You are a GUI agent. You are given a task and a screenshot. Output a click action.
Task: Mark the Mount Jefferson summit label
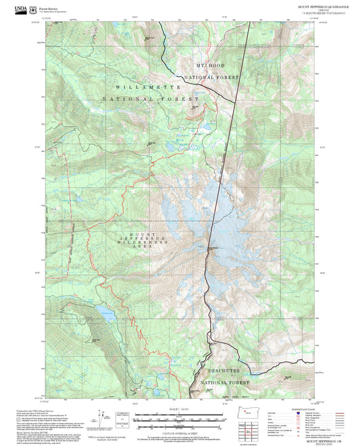click(212, 248)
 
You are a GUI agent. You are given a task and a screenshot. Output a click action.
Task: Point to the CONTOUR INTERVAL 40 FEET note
click(180, 432)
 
